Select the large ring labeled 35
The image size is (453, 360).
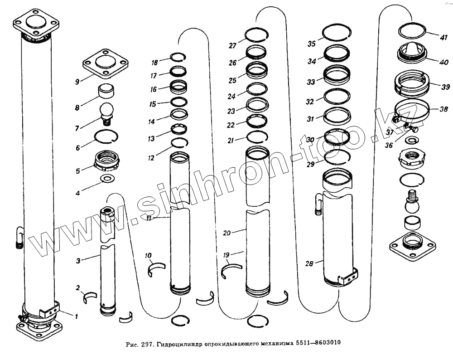click(x=336, y=33)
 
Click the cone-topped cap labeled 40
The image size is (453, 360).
click(x=411, y=51)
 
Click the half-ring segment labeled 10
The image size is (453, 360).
click(x=156, y=269)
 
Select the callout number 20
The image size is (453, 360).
click(x=227, y=233)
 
